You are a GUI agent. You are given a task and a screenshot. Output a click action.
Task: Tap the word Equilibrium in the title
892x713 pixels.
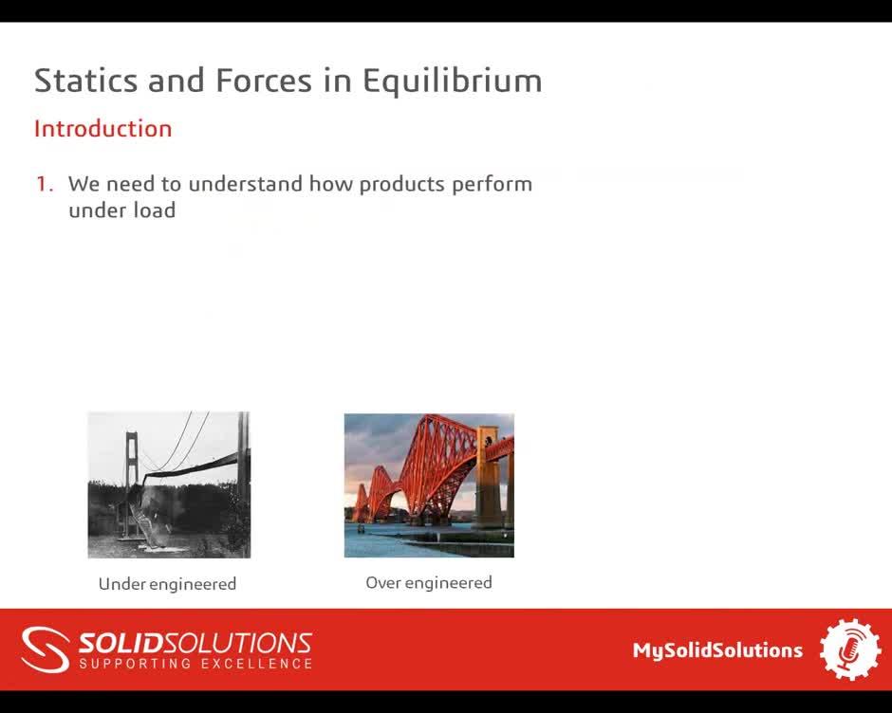(452, 82)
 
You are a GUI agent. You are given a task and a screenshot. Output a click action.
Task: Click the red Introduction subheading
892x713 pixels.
(102, 129)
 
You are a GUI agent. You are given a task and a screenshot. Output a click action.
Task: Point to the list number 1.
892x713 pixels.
(44, 184)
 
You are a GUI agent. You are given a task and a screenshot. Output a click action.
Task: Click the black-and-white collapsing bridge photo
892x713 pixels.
(169, 484)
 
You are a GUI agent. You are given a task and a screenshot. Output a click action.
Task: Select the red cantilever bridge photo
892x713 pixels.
(429, 484)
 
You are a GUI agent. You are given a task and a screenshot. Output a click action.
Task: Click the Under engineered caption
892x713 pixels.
(167, 584)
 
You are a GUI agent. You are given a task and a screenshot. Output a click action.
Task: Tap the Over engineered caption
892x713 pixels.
(429, 583)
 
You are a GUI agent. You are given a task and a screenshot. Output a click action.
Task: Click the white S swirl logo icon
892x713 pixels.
(45, 649)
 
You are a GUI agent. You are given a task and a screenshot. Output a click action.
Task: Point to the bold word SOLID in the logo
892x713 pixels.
(119, 644)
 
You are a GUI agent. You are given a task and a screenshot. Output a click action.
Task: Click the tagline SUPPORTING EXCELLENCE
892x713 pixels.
(195, 664)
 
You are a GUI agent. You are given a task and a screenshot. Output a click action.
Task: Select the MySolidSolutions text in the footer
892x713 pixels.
(717, 650)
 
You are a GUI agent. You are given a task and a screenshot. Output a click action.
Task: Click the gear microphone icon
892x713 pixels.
(849, 649)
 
